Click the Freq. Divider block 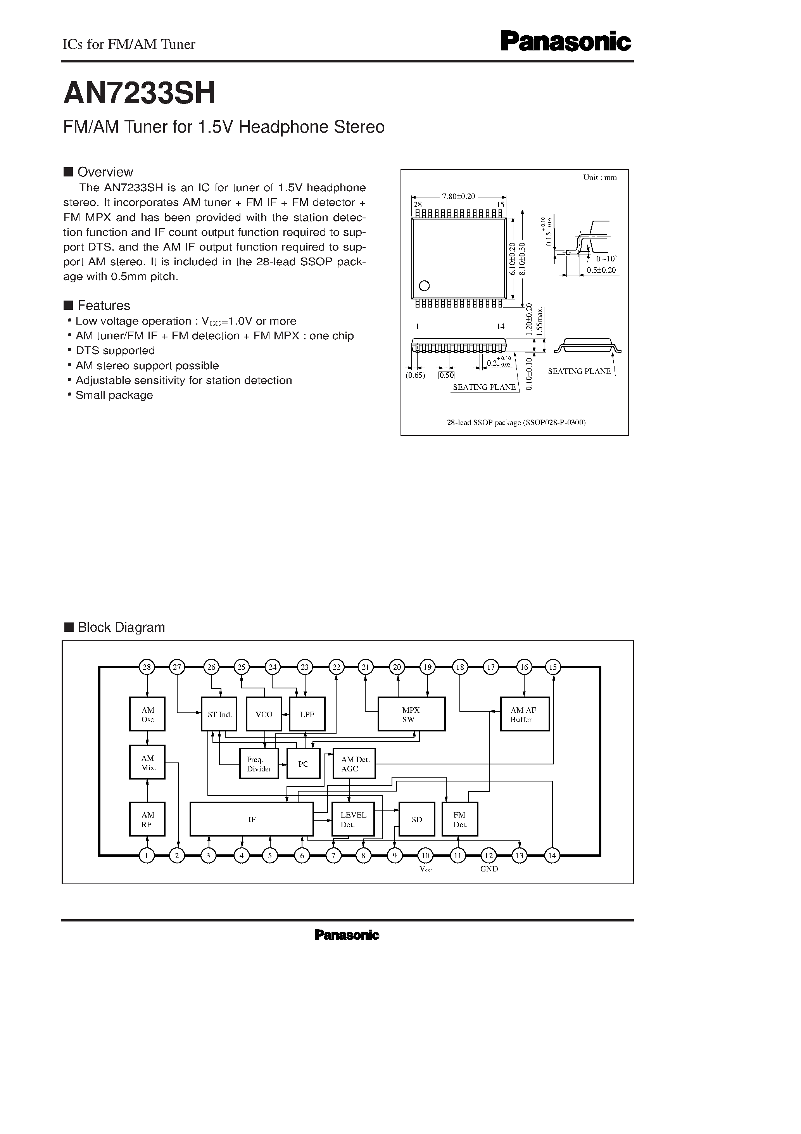pyautogui.click(x=259, y=764)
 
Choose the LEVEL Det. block pyautogui.click(x=352, y=819)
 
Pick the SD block pyautogui.click(x=417, y=819)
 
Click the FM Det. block pyautogui.click(x=460, y=819)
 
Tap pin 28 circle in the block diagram pyautogui.click(x=147, y=667)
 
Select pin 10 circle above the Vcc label pyautogui.click(x=425, y=856)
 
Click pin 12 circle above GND pyautogui.click(x=489, y=856)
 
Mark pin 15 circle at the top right pyautogui.click(x=552, y=667)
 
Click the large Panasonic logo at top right pyautogui.click(x=566, y=42)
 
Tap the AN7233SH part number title pyautogui.click(x=140, y=93)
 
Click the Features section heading pyautogui.click(x=104, y=305)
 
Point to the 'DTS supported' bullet pyautogui.click(x=115, y=351)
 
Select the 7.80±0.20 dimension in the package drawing pyautogui.click(x=458, y=196)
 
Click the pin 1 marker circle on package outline pyautogui.click(x=424, y=285)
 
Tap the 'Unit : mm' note pyautogui.click(x=599, y=177)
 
